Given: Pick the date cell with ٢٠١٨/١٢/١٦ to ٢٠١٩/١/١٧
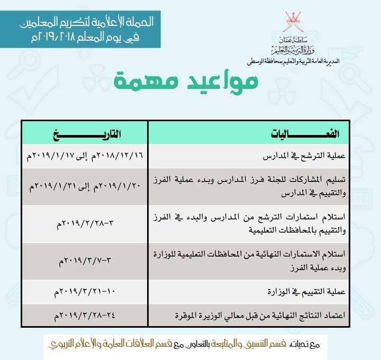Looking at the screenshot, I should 85,157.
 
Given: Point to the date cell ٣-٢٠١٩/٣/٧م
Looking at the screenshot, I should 85,261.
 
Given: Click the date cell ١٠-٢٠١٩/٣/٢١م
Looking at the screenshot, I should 85,292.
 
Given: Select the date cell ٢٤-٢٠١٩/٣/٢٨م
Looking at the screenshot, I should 85,316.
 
